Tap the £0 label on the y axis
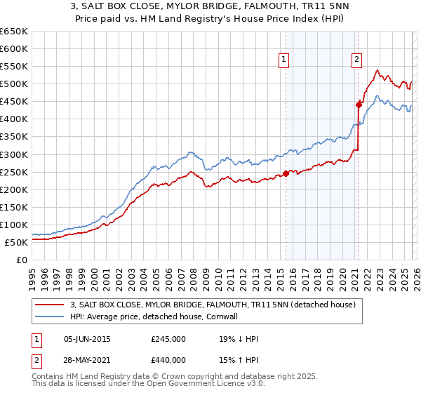pos(21,260)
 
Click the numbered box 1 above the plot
pos(284,60)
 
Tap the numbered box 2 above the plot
pos(357,60)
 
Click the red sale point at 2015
pos(286,174)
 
